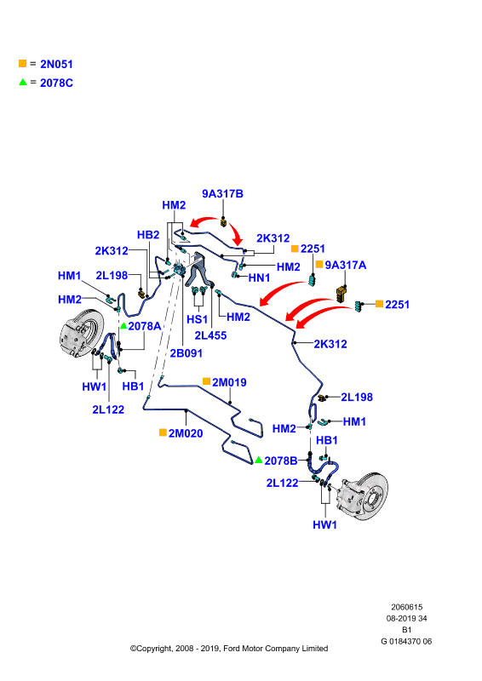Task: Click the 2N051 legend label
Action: click(x=56, y=65)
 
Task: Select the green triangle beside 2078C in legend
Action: click(x=23, y=82)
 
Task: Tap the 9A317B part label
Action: click(x=222, y=194)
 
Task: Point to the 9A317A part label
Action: click(x=346, y=265)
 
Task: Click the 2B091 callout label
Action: click(x=186, y=353)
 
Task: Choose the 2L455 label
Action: click(x=210, y=335)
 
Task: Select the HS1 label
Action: click(x=197, y=319)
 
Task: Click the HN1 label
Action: click(x=259, y=278)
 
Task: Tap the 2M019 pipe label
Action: click(x=229, y=382)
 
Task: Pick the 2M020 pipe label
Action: click(x=186, y=433)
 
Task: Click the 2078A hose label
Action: click(x=144, y=326)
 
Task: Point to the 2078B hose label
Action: click(x=281, y=461)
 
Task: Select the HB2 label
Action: click(x=148, y=235)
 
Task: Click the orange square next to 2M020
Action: click(x=163, y=432)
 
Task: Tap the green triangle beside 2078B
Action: click(x=259, y=460)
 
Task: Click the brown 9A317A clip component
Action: click(x=341, y=293)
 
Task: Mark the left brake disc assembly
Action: click(x=81, y=333)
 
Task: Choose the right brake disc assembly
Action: click(x=364, y=496)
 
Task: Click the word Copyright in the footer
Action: click(x=154, y=649)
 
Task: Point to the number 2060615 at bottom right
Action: click(x=406, y=607)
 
